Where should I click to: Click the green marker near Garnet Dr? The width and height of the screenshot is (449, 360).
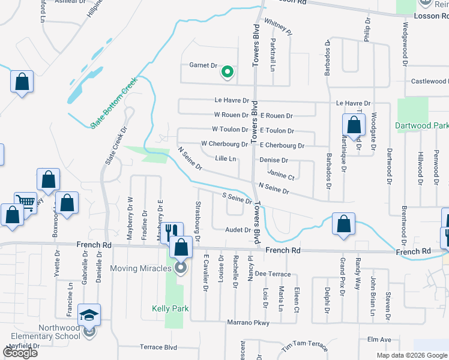tap(227, 72)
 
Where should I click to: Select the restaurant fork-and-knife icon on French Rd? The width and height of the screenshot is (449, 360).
tap(172, 232)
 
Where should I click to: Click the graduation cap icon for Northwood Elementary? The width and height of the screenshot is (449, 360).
tap(89, 315)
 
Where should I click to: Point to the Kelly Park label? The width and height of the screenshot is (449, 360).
tap(170, 309)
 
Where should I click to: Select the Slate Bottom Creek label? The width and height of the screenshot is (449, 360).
tap(114, 103)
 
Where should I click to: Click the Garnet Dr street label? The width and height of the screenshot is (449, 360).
tap(203, 65)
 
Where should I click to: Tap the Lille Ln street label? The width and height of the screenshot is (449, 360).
tap(226, 159)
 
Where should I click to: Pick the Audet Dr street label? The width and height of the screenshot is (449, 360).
tap(238, 230)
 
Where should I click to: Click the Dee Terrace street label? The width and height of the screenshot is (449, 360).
tap(273, 274)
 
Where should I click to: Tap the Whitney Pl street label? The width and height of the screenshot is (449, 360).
tap(277, 27)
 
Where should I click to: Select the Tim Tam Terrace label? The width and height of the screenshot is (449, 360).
tap(304, 346)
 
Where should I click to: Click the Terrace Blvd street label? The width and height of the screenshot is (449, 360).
tap(158, 347)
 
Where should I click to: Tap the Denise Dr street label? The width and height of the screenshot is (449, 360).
tap(274, 161)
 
